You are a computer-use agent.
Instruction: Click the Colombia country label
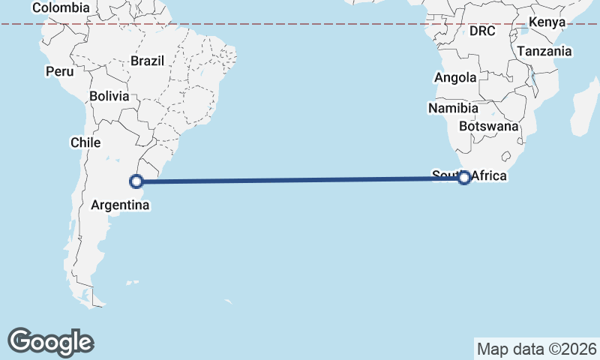[61, 7]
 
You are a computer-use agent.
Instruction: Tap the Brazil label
[147, 61]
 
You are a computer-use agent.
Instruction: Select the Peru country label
[59, 72]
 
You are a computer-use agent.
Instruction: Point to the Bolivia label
[109, 96]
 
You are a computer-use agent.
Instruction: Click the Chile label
[85, 142]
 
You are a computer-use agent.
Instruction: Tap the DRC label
[483, 31]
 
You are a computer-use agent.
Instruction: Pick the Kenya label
[547, 22]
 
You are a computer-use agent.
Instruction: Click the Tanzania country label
[544, 52]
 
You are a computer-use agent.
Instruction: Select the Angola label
[455, 78]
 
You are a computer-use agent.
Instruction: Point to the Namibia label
[453, 109]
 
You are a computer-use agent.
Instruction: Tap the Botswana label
[489, 126]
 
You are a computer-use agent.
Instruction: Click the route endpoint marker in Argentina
[136, 181]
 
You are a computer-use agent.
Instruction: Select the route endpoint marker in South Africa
[464, 178]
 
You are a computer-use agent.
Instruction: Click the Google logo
[50, 341]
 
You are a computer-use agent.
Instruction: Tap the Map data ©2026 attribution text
[536, 349]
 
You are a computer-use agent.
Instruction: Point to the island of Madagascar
[583, 112]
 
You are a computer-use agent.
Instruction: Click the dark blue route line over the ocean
[300, 179]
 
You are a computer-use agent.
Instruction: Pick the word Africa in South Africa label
[489, 177]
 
